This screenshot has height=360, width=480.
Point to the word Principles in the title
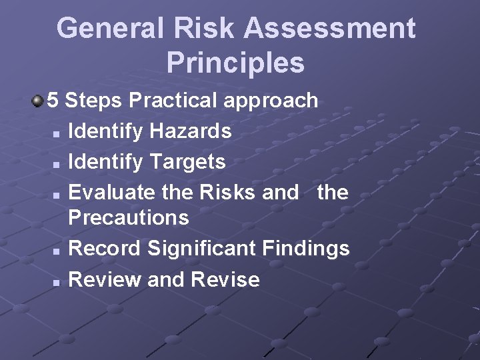(x=235, y=63)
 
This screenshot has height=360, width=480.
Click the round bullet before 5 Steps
(x=37, y=101)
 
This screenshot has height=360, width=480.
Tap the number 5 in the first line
(x=53, y=101)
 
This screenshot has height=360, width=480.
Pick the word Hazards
(x=191, y=131)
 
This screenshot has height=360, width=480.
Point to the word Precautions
(x=129, y=217)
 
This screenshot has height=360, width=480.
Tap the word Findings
(x=305, y=249)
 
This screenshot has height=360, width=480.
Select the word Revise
(x=225, y=279)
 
